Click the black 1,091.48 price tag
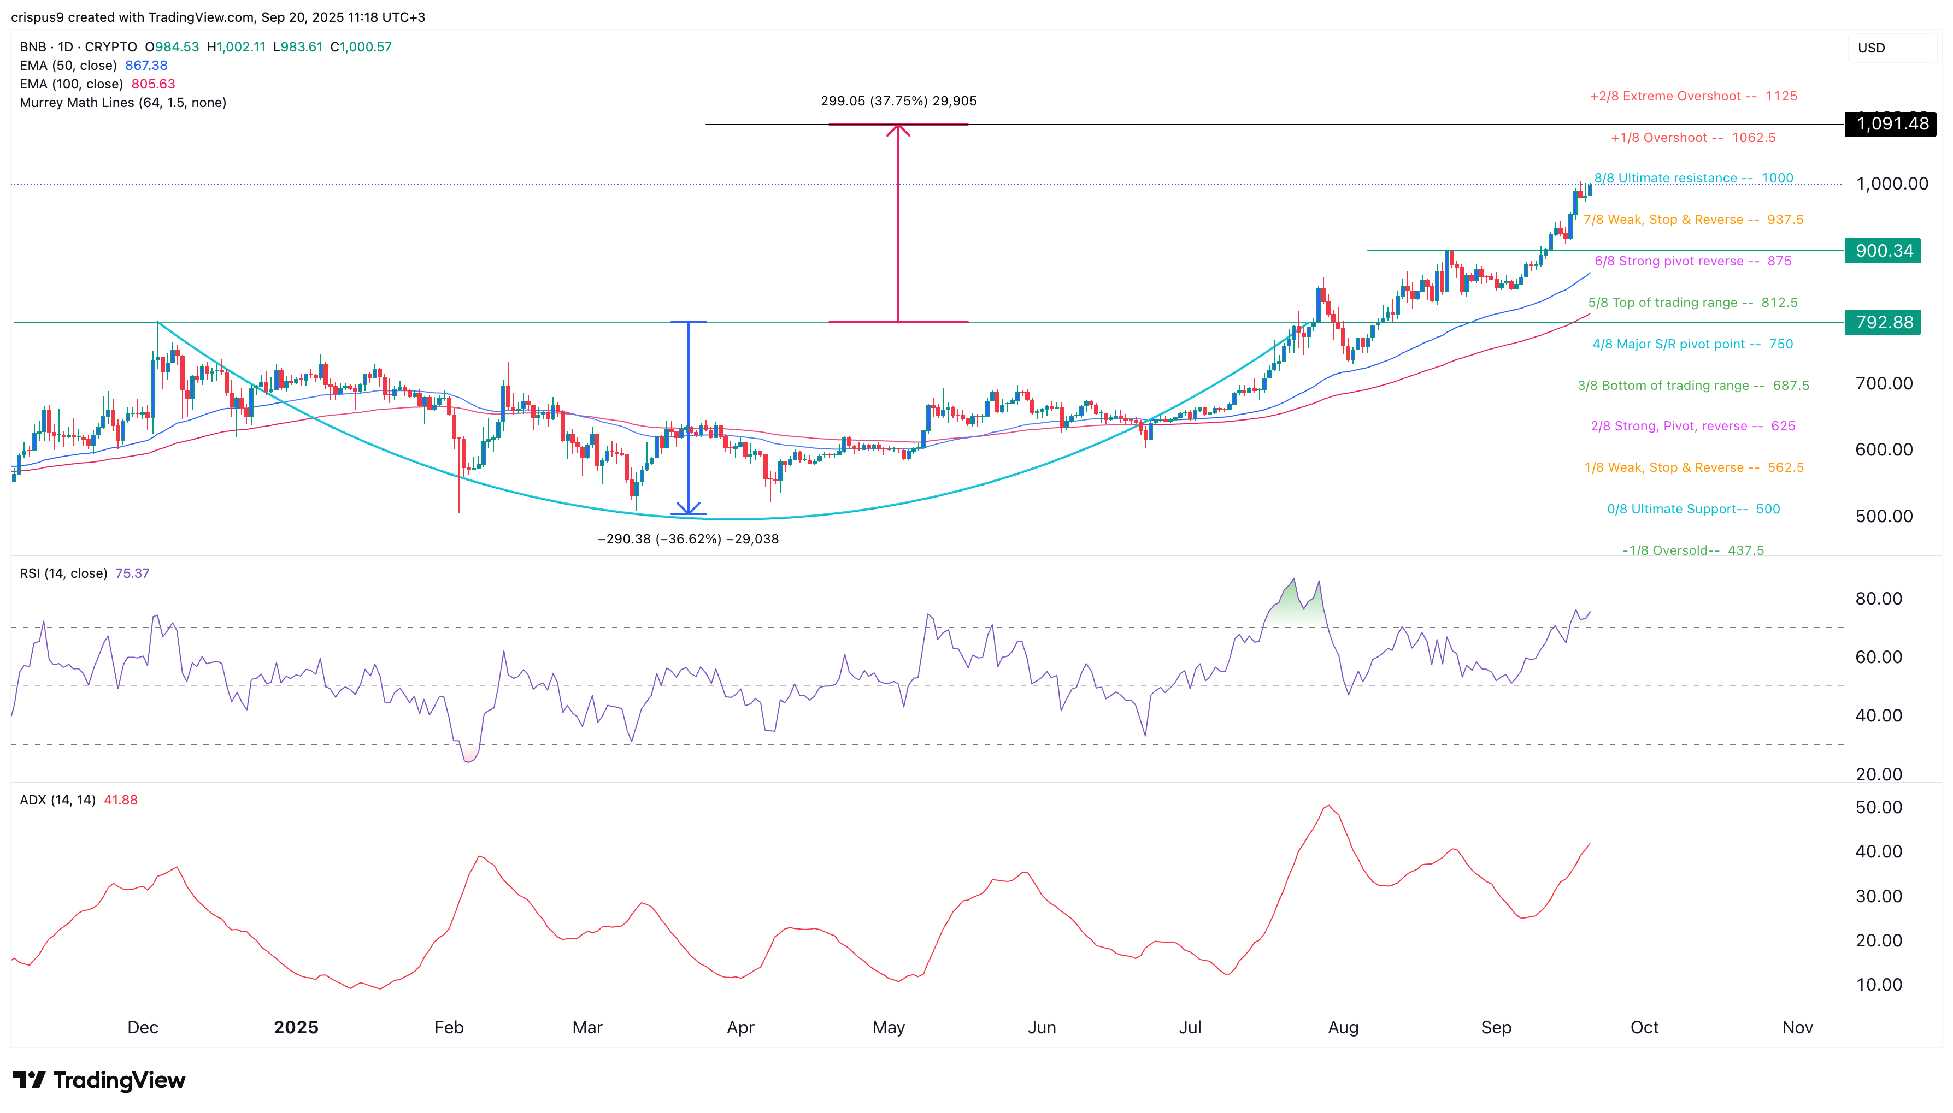(1890, 124)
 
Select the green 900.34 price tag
(1882, 251)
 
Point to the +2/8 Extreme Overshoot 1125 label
(1693, 96)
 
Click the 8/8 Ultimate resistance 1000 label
(1693, 178)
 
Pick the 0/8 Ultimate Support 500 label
(1693, 509)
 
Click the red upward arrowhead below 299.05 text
(898, 130)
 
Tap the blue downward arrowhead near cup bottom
(688, 507)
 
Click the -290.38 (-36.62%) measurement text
(687, 539)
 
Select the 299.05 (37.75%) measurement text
(898, 101)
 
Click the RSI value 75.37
(132, 573)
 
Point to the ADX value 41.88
(121, 801)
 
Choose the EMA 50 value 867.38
(146, 66)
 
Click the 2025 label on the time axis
(296, 1027)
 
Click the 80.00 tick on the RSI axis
(1878, 599)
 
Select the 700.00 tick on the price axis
(1884, 384)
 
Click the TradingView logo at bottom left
(99, 1080)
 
